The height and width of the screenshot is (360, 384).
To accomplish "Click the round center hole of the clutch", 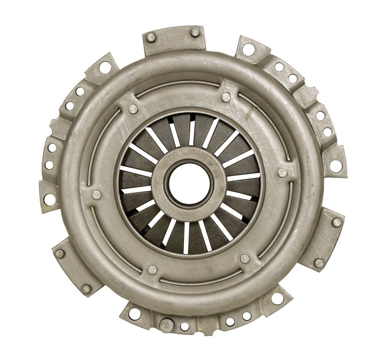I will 188,183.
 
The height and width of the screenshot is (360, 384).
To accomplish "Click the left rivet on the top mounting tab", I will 151,38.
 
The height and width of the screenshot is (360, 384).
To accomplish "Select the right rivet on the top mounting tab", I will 195,32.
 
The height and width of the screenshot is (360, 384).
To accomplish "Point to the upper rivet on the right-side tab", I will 336,222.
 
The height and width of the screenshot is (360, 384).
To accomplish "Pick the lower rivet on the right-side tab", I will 318,263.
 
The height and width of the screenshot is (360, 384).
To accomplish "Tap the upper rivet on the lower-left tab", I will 60,254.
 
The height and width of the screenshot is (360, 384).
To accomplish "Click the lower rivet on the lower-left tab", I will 86,289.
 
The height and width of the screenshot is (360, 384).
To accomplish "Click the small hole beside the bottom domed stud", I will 185,326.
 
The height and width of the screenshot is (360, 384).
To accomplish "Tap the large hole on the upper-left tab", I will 105,68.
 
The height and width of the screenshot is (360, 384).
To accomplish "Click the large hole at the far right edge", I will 336,166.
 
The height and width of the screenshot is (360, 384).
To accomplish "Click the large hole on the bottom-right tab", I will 277,299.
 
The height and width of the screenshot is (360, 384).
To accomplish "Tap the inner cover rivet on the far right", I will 282,172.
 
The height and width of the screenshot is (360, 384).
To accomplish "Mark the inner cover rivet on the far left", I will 96,195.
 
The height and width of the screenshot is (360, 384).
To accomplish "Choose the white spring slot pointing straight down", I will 187,238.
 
